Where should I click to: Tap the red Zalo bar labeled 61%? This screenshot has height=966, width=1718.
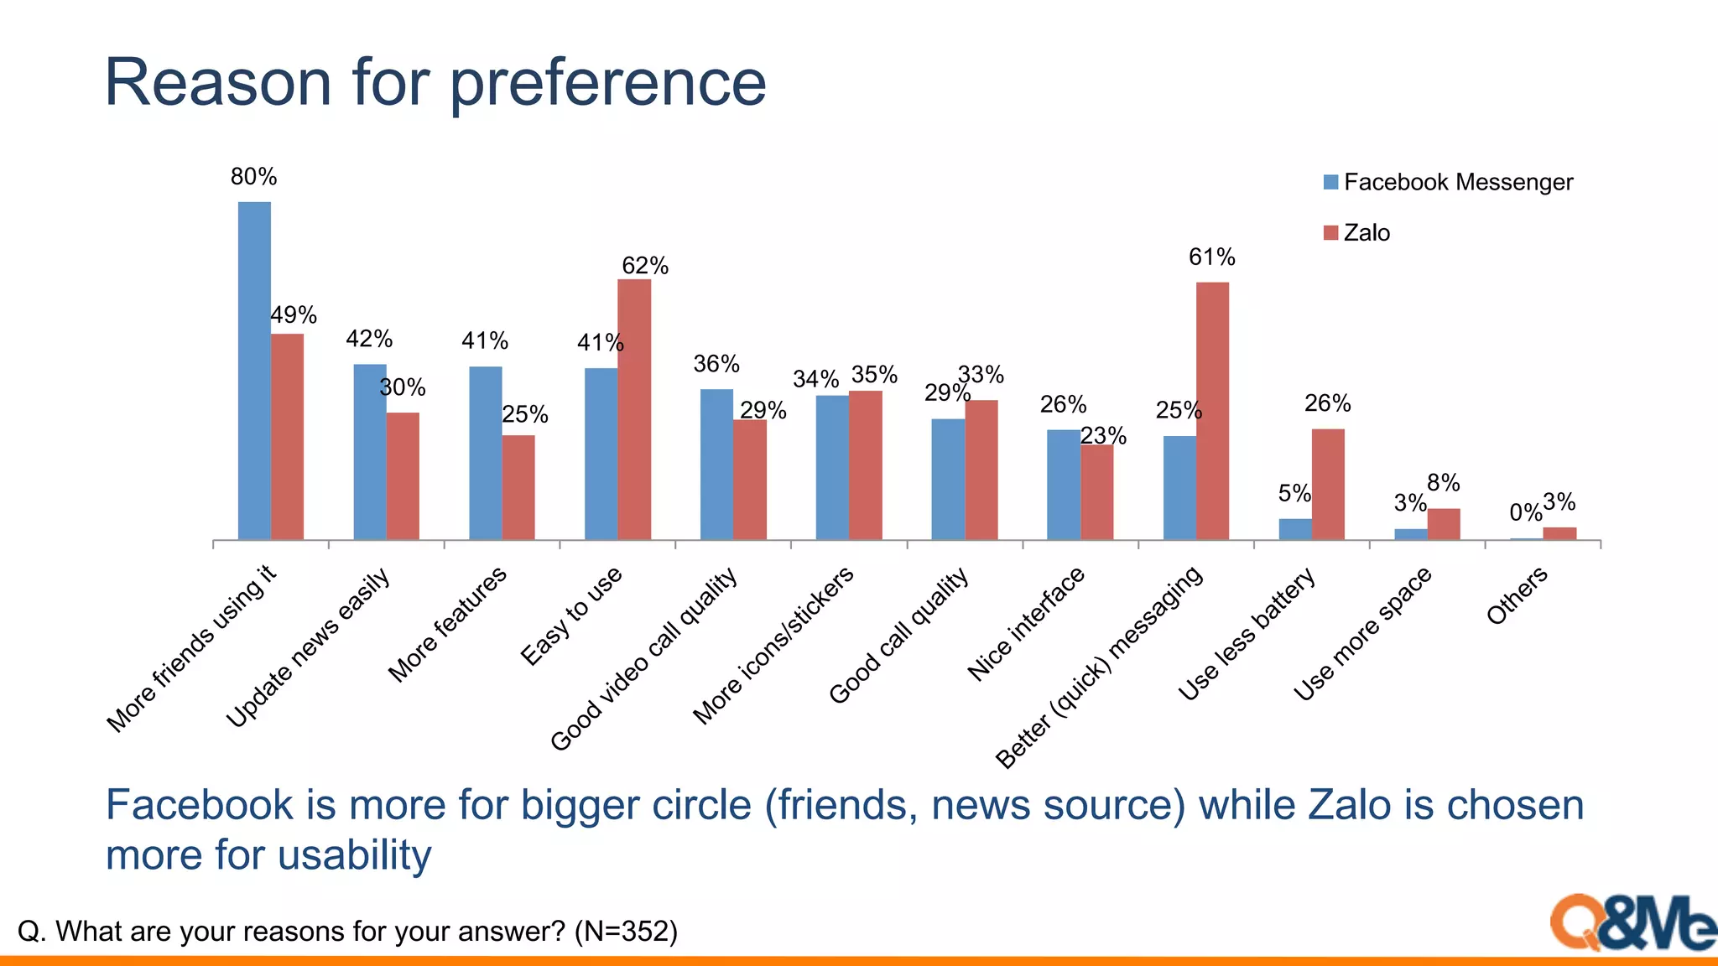pos(1212,411)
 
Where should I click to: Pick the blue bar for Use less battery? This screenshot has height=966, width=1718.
pos(1294,529)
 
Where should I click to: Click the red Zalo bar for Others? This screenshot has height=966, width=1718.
pos(1559,533)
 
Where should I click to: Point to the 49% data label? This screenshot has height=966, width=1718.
pos(294,315)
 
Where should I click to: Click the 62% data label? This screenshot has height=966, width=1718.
pos(645,266)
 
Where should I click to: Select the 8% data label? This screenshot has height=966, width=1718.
pos(1444,483)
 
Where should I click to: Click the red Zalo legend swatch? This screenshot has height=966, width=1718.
pos(1330,232)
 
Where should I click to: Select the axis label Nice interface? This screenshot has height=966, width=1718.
pos(1026,624)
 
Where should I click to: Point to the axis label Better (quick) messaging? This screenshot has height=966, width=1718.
pos(1099,667)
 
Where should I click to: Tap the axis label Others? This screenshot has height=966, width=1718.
pos(1517,595)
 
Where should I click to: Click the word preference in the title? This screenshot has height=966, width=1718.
pos(608,83)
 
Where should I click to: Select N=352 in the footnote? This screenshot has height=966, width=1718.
pos(626,932)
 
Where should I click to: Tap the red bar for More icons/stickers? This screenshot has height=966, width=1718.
pos(865,465)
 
